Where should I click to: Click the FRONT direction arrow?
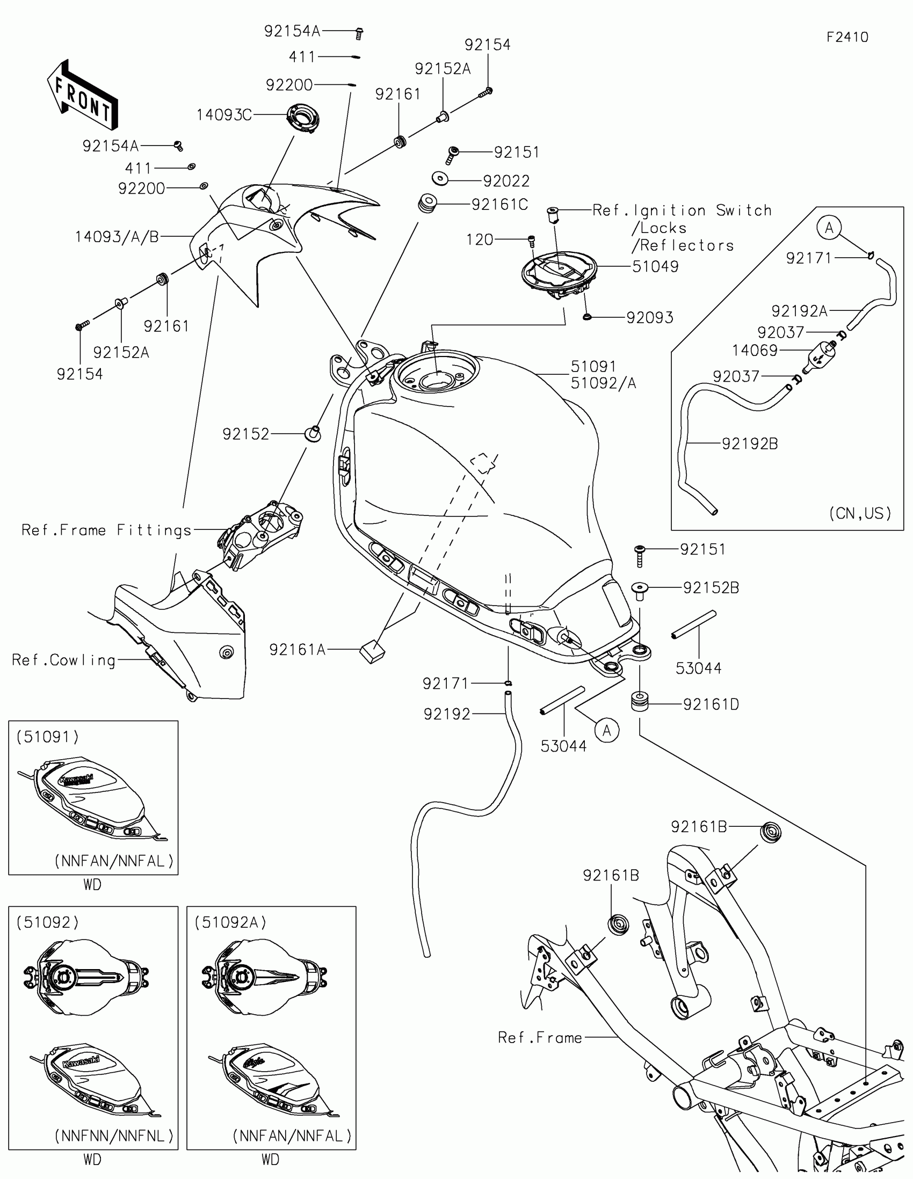pyautogui.click(x=82, y=96)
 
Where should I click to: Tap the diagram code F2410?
pyautogui.click(x=847, y=37)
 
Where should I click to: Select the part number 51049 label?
pyautogui.click(x=655, y=266)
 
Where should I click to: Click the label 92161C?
pyautogui.click(x=499, y=205)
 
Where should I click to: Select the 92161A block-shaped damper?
pyautogui.click(x=372, y=652)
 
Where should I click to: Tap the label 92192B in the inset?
pyautogui.click(x=749, y=444)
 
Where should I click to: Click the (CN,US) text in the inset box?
pyautogui.click(x=859, y=513)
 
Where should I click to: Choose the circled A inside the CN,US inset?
pyautogui.click(x=829, y=228)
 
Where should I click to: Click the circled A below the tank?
pyautogui.click(x=606, y=731)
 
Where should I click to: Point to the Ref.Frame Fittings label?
pyautogui.click(x=106, y=530)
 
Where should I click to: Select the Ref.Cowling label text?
pyautogui.click(x=64, y=660)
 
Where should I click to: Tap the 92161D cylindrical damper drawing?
pyautogui.click(x=640, y=702)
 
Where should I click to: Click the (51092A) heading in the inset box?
pyautogui.click(x=230, y=922)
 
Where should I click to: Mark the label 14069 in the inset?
pyautogui.click(x=754, y=351)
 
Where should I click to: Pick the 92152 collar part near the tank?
pyautogui.click(x=313, y=433)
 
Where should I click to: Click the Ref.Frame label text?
pyautogui.click(x=539, y=1038)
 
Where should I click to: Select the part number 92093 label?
pyautogui.click(x=649, y=317)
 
